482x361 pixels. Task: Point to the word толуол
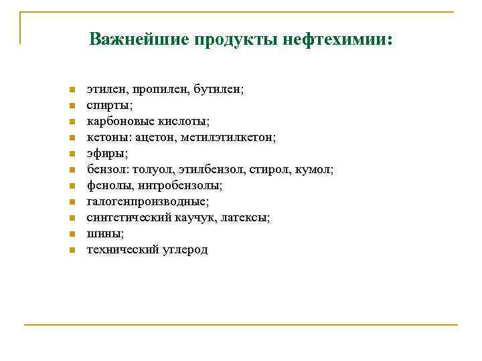[155, 169]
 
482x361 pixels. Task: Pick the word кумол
[317, 169]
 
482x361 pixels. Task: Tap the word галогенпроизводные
[147, 201]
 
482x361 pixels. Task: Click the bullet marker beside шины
[71, 235]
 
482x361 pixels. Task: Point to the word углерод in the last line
[185, 249]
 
